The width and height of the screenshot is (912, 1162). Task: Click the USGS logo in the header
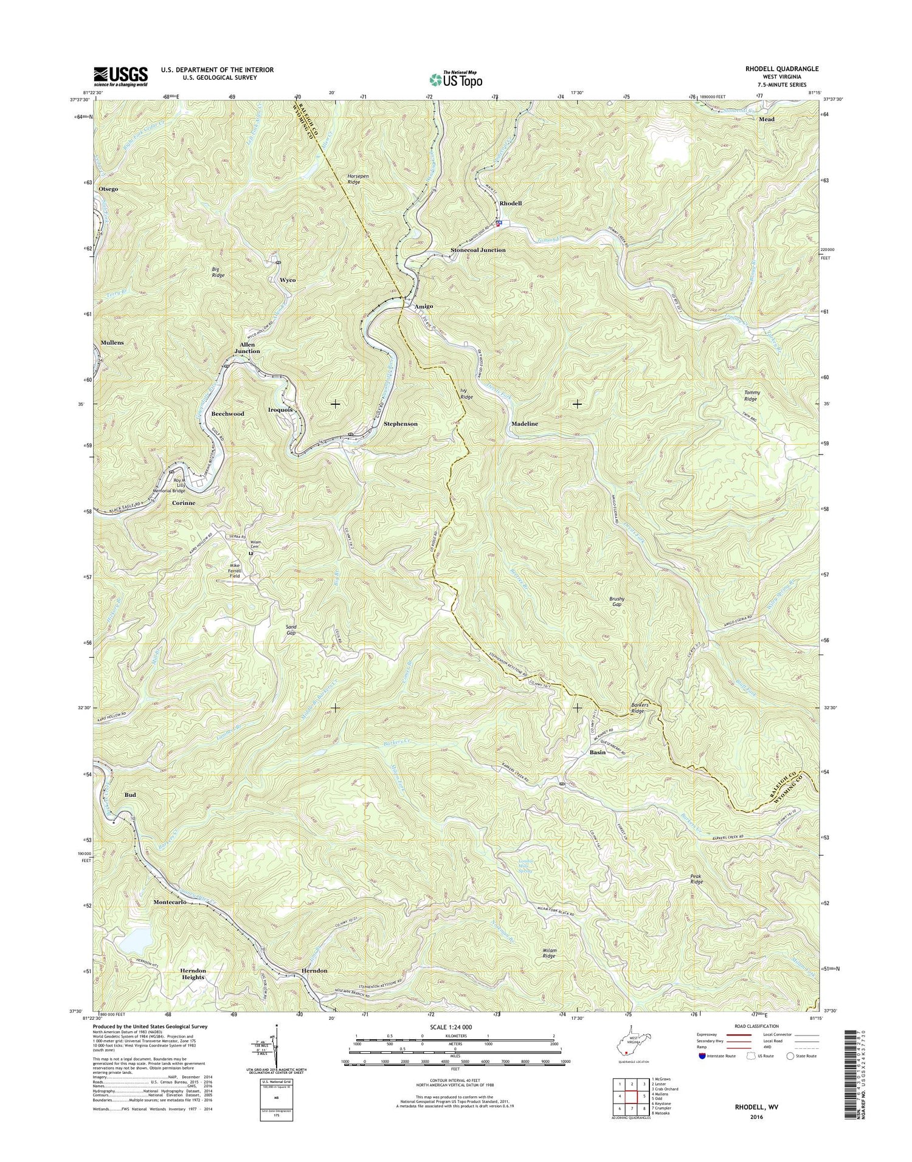point(120,76)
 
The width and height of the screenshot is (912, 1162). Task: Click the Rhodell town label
point(511,203)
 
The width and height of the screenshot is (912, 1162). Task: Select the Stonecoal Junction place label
point(478,250)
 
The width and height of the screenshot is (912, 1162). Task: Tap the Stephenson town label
point(400,424)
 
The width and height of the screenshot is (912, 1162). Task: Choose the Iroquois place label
point(280,410)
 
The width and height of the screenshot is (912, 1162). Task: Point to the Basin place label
point(597,752)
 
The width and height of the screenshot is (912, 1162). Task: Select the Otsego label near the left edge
point(108,189)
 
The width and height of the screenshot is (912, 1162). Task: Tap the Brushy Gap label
point(617,602)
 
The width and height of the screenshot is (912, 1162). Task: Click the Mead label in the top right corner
point(766,119)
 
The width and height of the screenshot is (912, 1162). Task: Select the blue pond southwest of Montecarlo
point(136,941)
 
